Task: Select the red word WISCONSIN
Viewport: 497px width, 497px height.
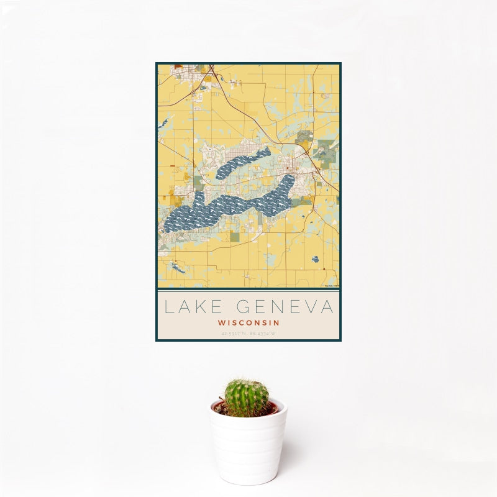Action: click(x=248, y=323)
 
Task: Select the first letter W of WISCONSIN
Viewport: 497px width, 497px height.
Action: click(x=221, y=323)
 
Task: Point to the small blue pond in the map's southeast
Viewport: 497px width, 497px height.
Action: click(x=315, y=258)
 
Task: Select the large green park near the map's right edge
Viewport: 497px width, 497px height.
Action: click(x=326, y=150)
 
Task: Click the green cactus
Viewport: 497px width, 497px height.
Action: click(x=247, y=398)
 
